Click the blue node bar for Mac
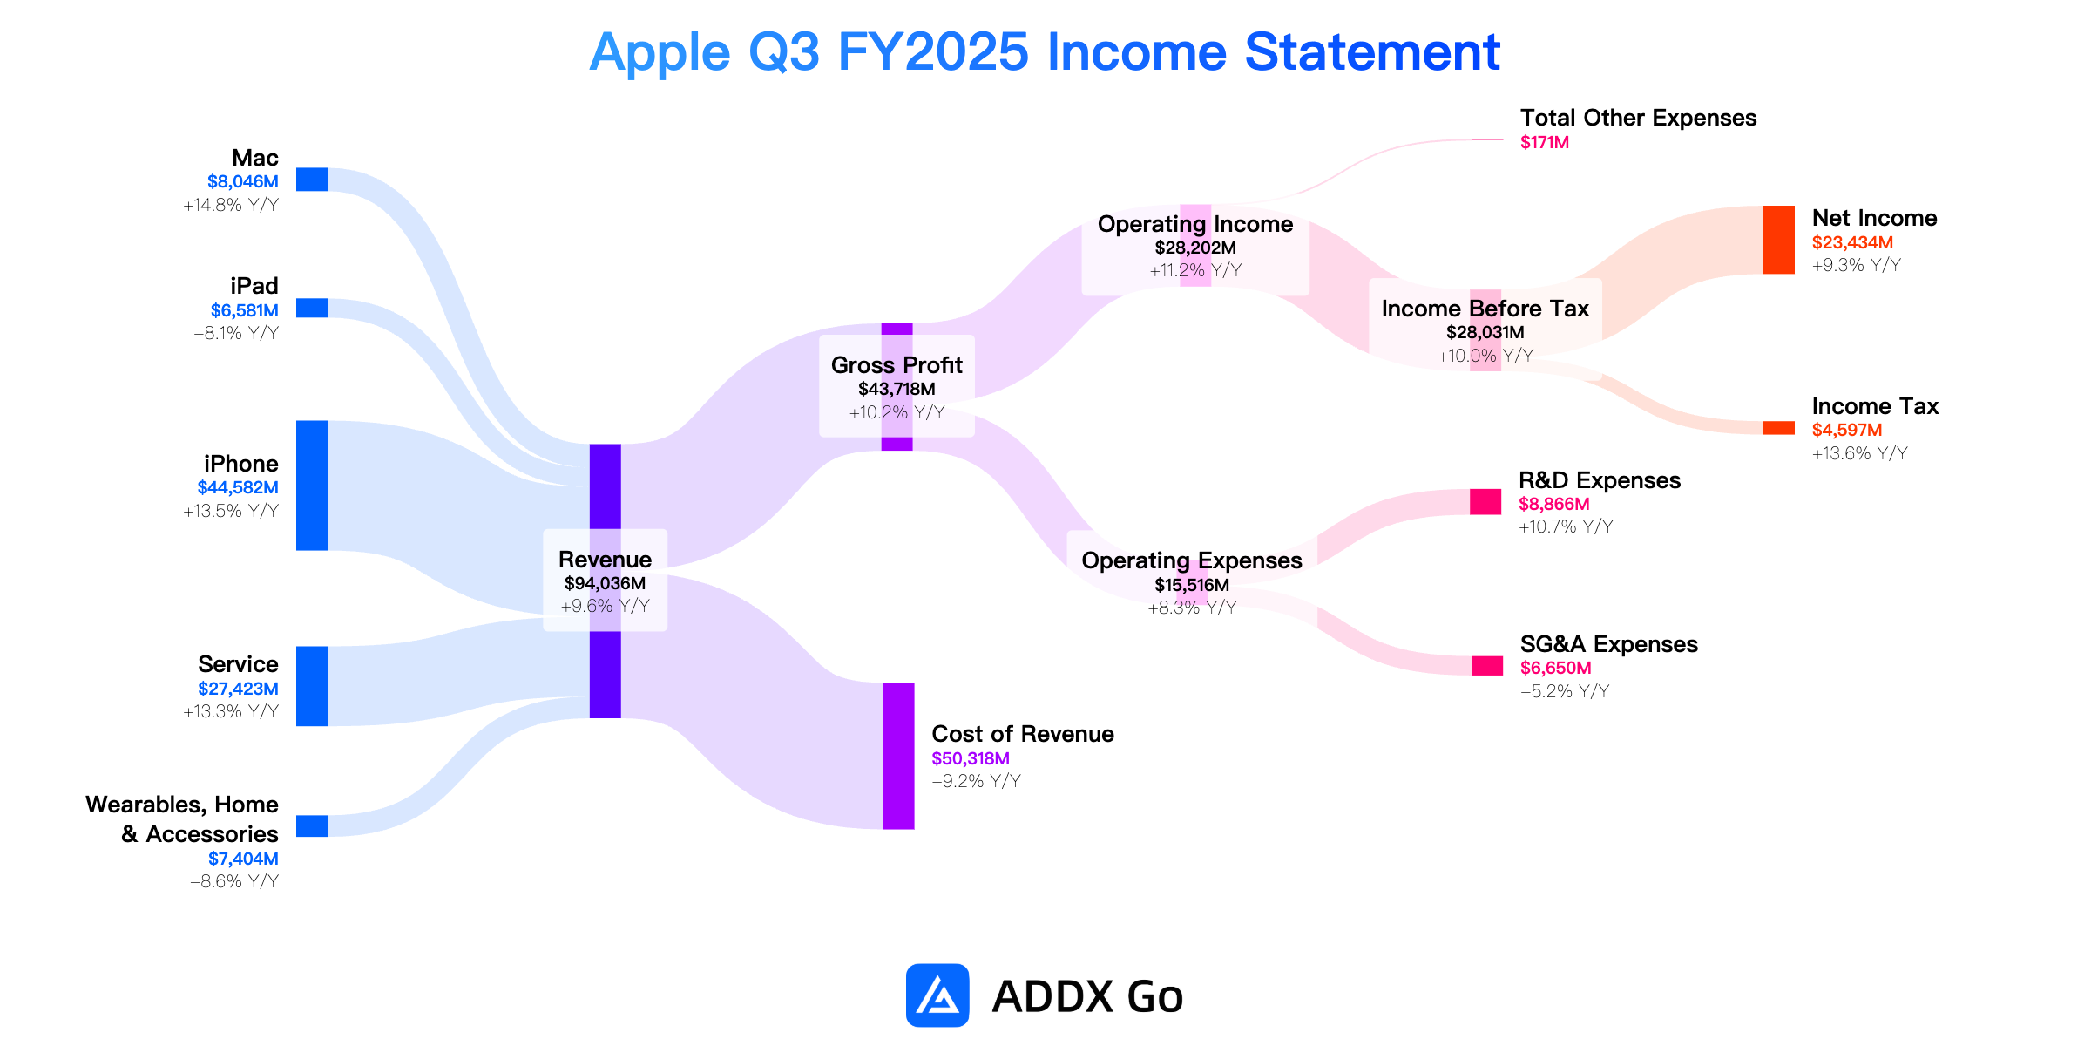[312, 180]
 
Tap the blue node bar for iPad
[312, 309]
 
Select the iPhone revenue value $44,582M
[238, 487]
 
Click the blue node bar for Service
[312, 686]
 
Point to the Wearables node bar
[312, 826]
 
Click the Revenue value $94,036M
[605, 583]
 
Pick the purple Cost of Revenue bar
[898, 756]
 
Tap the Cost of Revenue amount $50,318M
[971, 758]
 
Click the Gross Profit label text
[897, 365]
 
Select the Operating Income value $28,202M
[1195, 248]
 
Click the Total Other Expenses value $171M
[1545, 142]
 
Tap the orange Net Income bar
[1779, 240]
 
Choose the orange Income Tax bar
[1779, 428]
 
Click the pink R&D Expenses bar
[1485, 502]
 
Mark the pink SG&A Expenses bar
[1487, 666]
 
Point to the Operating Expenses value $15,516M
[1192, 585]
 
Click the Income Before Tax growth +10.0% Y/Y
[1485, 356]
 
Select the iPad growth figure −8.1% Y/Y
[236, 333]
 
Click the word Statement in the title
[1372, 52]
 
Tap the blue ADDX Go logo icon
[937, 995]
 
